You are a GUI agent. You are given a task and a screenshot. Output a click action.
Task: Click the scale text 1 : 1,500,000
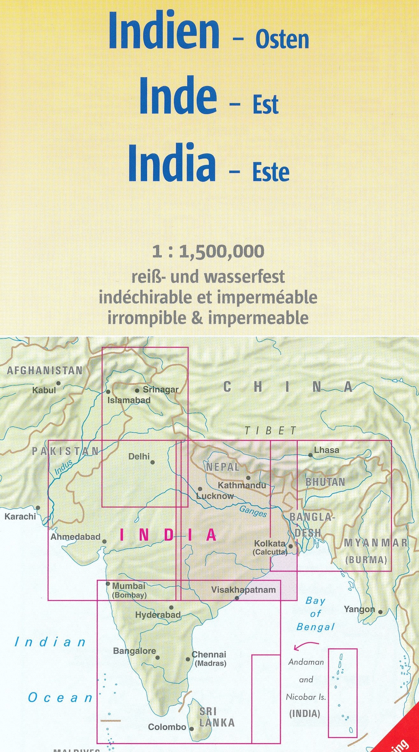click(x=208, y=252)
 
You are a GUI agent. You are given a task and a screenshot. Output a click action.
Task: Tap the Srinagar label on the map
click(x=161, y=389)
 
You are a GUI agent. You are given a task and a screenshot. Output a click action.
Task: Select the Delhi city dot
click(x=153, y=462)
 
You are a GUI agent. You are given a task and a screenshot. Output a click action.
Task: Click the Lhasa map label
click(x=326, y=450)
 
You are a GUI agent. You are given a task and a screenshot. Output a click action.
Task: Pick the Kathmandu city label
click(x=242, y=485)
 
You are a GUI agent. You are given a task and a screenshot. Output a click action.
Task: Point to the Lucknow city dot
click(x=200, y=489)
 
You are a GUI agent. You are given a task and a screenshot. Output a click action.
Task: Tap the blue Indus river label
click(x=63, y=467)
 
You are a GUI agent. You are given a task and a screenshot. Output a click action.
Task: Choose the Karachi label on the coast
click(x=20, y=516)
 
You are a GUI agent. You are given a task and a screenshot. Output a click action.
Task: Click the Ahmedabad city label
click(x=75, y=537)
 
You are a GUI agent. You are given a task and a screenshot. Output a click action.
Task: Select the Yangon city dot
click(x=380, y=612)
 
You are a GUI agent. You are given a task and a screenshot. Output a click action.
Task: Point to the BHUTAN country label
click(x=325, y=482)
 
